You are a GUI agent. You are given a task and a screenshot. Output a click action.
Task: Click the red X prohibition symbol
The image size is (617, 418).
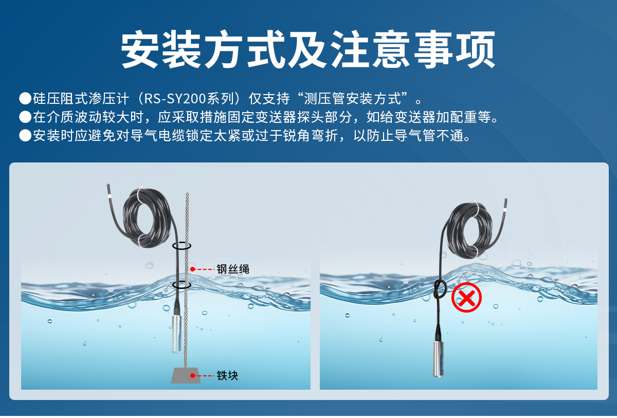(466, 298)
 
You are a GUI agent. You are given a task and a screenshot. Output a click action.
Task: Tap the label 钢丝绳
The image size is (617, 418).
(232, 269)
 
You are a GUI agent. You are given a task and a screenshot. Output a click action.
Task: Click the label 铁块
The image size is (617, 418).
(227, 376)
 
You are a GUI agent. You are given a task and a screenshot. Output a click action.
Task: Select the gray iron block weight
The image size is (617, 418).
(186, 376)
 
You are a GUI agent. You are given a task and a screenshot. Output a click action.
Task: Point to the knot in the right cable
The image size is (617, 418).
(440, 288)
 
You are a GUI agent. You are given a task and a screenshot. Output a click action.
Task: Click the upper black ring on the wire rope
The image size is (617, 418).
(182, 246)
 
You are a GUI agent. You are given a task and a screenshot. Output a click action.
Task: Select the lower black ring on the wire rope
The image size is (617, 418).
(182, 284)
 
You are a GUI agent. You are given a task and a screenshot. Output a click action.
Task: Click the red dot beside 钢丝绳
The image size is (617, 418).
(193, 269)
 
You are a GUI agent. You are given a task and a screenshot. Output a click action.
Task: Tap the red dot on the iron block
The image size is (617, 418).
(193, 376)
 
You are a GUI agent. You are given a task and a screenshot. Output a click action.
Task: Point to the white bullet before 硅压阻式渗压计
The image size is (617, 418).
(25, 98)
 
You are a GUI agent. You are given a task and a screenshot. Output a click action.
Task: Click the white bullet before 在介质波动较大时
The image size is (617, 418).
(25, 117)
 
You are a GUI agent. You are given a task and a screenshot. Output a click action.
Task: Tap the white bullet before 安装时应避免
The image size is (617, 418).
(25, 136)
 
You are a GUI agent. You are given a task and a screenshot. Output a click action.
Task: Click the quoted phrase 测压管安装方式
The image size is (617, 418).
(351, 98)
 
